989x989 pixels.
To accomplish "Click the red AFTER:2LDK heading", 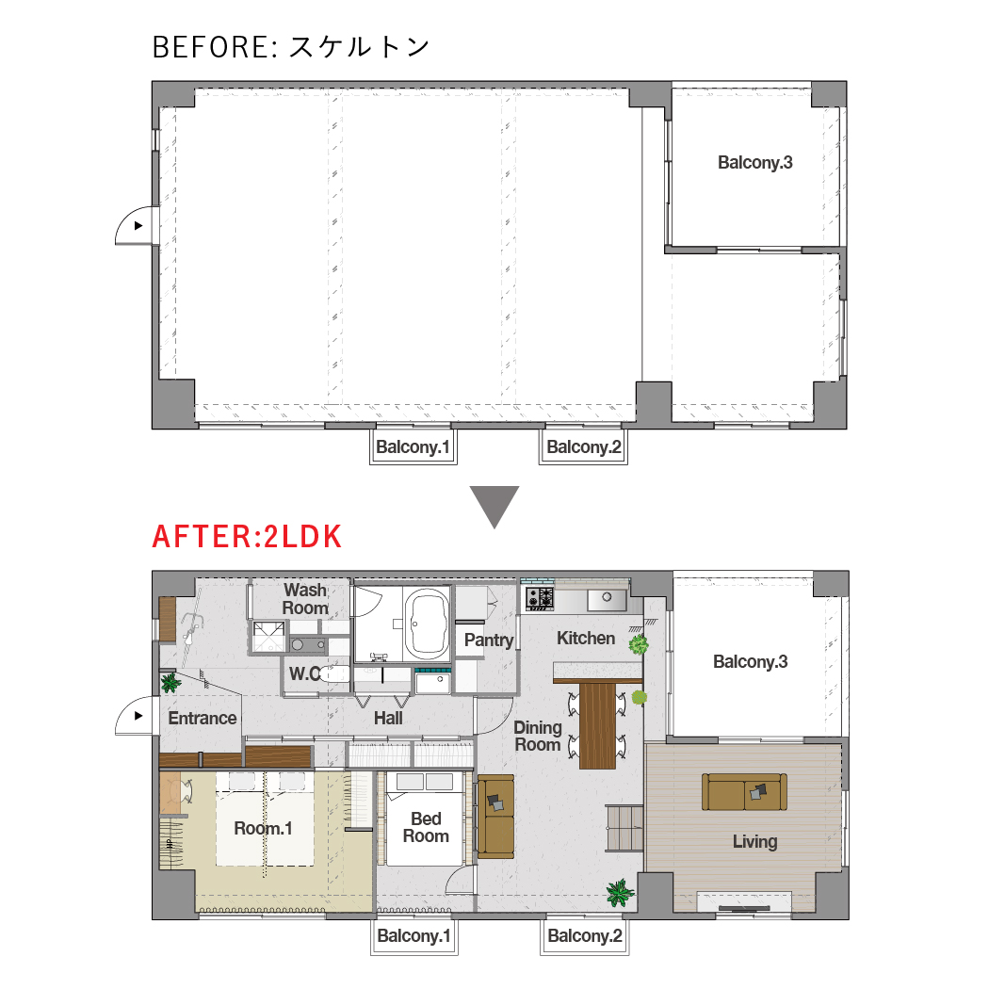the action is click(247, 537).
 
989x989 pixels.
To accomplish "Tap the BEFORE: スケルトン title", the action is click(291, 47).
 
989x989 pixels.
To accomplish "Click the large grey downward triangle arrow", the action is click(494, 507).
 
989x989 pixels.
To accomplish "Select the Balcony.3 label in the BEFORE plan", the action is click(755, 163).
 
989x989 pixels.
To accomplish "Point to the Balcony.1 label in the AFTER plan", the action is click(413, 936).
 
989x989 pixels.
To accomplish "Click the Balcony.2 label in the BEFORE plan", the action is click(583, 447).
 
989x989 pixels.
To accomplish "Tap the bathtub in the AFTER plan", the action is click(427, 624).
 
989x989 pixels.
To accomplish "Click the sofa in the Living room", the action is click(744, 791).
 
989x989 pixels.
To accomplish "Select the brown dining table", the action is click(597, 725).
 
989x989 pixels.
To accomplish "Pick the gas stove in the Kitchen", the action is click(540, 598).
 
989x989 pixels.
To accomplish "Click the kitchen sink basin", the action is click(607, 599).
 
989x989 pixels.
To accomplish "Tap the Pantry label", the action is click(489, 640).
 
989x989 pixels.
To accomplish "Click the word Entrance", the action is click(202, 718).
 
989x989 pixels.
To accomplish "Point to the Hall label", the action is click(388, 718).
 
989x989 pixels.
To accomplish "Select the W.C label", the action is click(305, 673).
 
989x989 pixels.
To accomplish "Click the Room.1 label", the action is click(263, 828).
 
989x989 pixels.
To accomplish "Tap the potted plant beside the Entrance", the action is click(170, 683).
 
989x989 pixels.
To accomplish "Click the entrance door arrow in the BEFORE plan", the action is click(138, 226).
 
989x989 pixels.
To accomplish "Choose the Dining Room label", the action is click(538, 736).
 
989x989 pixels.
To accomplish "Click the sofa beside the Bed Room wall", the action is click(495, 817).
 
